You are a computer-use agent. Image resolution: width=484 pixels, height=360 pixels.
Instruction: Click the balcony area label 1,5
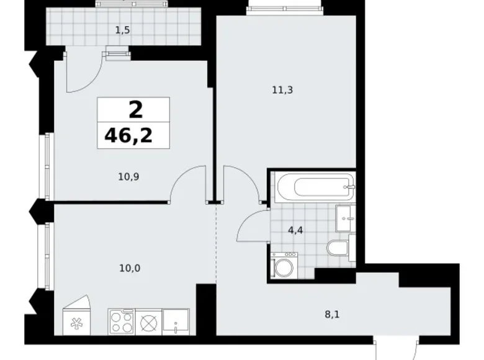[122, 30]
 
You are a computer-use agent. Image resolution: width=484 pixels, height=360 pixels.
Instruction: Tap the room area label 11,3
[282, 90]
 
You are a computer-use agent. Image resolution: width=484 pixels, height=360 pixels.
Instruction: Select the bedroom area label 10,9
[128, 177]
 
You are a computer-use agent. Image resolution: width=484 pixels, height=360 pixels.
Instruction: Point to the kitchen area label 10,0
[130, 268]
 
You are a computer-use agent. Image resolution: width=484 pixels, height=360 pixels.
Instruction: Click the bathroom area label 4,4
[295, 230]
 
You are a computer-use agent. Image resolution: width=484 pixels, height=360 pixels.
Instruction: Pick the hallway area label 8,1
[332, 315]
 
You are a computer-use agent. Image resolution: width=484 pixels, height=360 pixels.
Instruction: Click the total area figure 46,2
[128, 135]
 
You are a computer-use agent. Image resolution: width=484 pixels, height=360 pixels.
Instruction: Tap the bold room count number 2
[136, 110]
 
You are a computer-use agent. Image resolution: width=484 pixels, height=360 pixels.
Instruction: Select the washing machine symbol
[284, 265]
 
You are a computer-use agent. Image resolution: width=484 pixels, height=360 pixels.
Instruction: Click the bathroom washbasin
[346, 218]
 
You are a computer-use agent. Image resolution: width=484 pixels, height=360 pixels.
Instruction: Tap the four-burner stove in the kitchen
[122, 322]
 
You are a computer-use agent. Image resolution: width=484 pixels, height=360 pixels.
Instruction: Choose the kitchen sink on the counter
[176, 322]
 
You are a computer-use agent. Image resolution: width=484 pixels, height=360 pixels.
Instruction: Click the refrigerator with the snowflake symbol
[76, 318]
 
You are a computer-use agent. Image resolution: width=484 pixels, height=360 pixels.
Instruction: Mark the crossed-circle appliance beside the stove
[148, 323]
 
